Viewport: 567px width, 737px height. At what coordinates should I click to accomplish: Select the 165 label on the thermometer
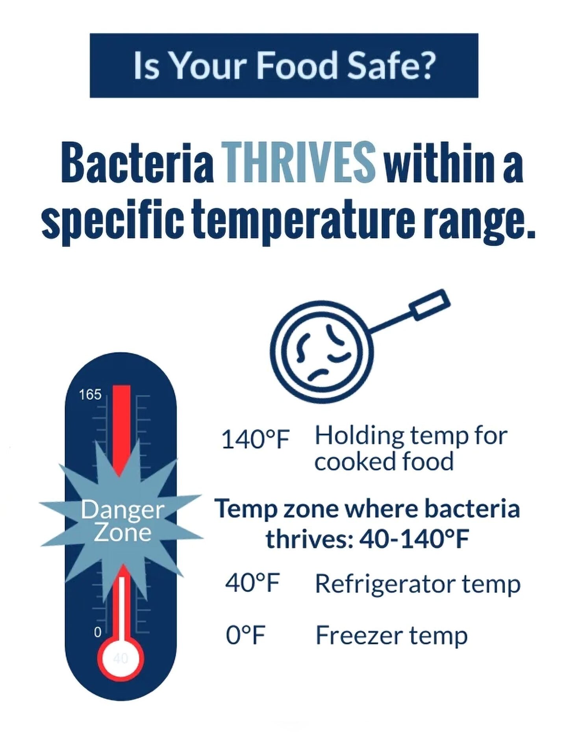(90, 394)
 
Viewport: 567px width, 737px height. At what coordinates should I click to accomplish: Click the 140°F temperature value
(256, 439)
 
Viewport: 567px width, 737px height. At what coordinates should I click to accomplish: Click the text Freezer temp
(391, 636)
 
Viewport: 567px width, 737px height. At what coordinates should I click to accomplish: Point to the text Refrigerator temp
(418, 584)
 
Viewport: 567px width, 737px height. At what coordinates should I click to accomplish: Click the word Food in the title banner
(296, 65)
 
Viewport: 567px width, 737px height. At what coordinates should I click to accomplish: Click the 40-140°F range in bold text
(414, 539)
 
